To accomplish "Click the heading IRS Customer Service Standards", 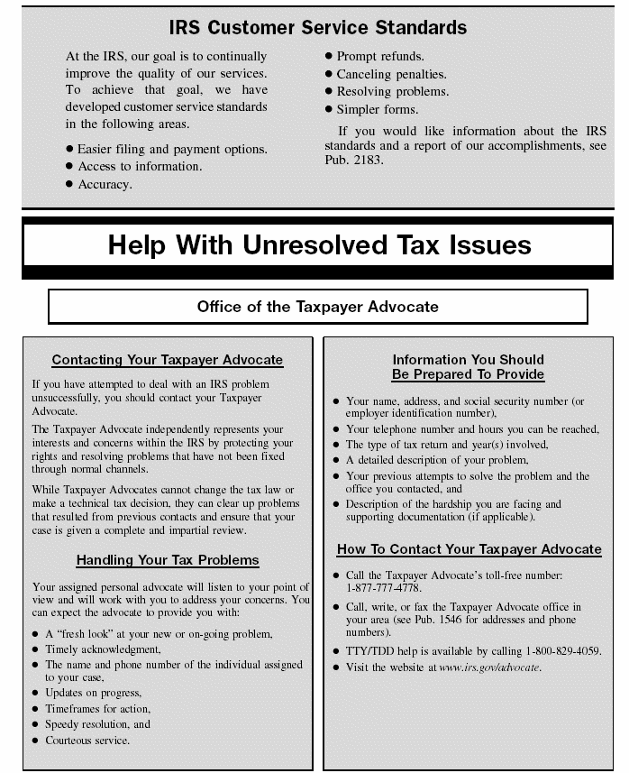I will point(314,27).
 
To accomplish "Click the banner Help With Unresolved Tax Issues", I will point(319,244).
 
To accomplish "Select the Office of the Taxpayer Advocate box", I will point(317,307).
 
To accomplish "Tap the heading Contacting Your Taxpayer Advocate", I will point(168,360).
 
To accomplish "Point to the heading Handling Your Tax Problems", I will point(168,560).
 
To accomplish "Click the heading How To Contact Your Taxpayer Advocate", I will point(469,548).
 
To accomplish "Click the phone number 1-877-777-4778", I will point(384,587).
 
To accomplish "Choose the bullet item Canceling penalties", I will point(391,74).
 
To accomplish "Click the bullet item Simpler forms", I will point(378,109).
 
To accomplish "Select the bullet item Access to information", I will point(140,166).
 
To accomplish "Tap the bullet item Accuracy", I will point(105,184).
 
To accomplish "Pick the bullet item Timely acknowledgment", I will point(103,649).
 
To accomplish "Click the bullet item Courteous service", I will point(87,741).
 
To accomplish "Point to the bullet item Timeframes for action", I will point(92,708).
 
